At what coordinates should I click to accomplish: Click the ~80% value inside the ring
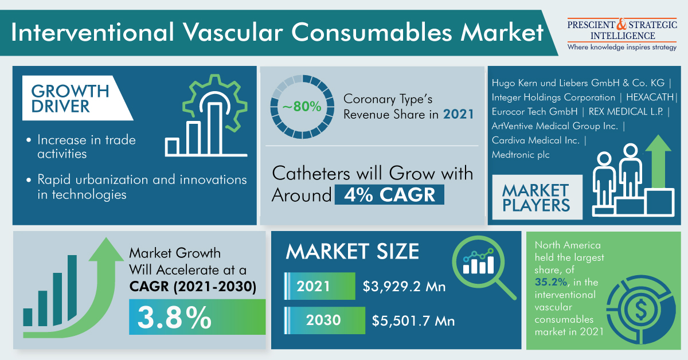(302, 107)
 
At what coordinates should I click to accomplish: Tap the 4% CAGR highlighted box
(389, 194)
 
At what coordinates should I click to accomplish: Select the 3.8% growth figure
(174, 318)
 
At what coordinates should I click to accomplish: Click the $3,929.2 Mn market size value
(404, 286)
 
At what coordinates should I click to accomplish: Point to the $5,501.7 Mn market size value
(413, 320)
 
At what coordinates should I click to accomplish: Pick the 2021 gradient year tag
(320, 286)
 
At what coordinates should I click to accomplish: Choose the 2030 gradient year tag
(325, 320)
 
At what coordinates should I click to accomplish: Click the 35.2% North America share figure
(551, 282)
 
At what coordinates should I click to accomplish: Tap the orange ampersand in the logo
(621, 24)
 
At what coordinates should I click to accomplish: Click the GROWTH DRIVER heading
(70, 98)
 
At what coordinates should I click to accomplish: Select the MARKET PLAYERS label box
(537, 197)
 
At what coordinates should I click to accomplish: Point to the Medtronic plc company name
(521, 155)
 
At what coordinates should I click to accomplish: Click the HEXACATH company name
(650, 97)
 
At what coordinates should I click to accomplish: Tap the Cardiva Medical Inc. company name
(535, 140)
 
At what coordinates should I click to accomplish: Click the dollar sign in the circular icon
(641, 310)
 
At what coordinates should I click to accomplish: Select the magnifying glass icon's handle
(505, 289)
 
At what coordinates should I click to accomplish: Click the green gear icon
(215, 103)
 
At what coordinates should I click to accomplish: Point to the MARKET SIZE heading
(352, 251)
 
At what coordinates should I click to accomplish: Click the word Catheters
(311, 173)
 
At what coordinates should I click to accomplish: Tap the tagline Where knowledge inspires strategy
(622, 48)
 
